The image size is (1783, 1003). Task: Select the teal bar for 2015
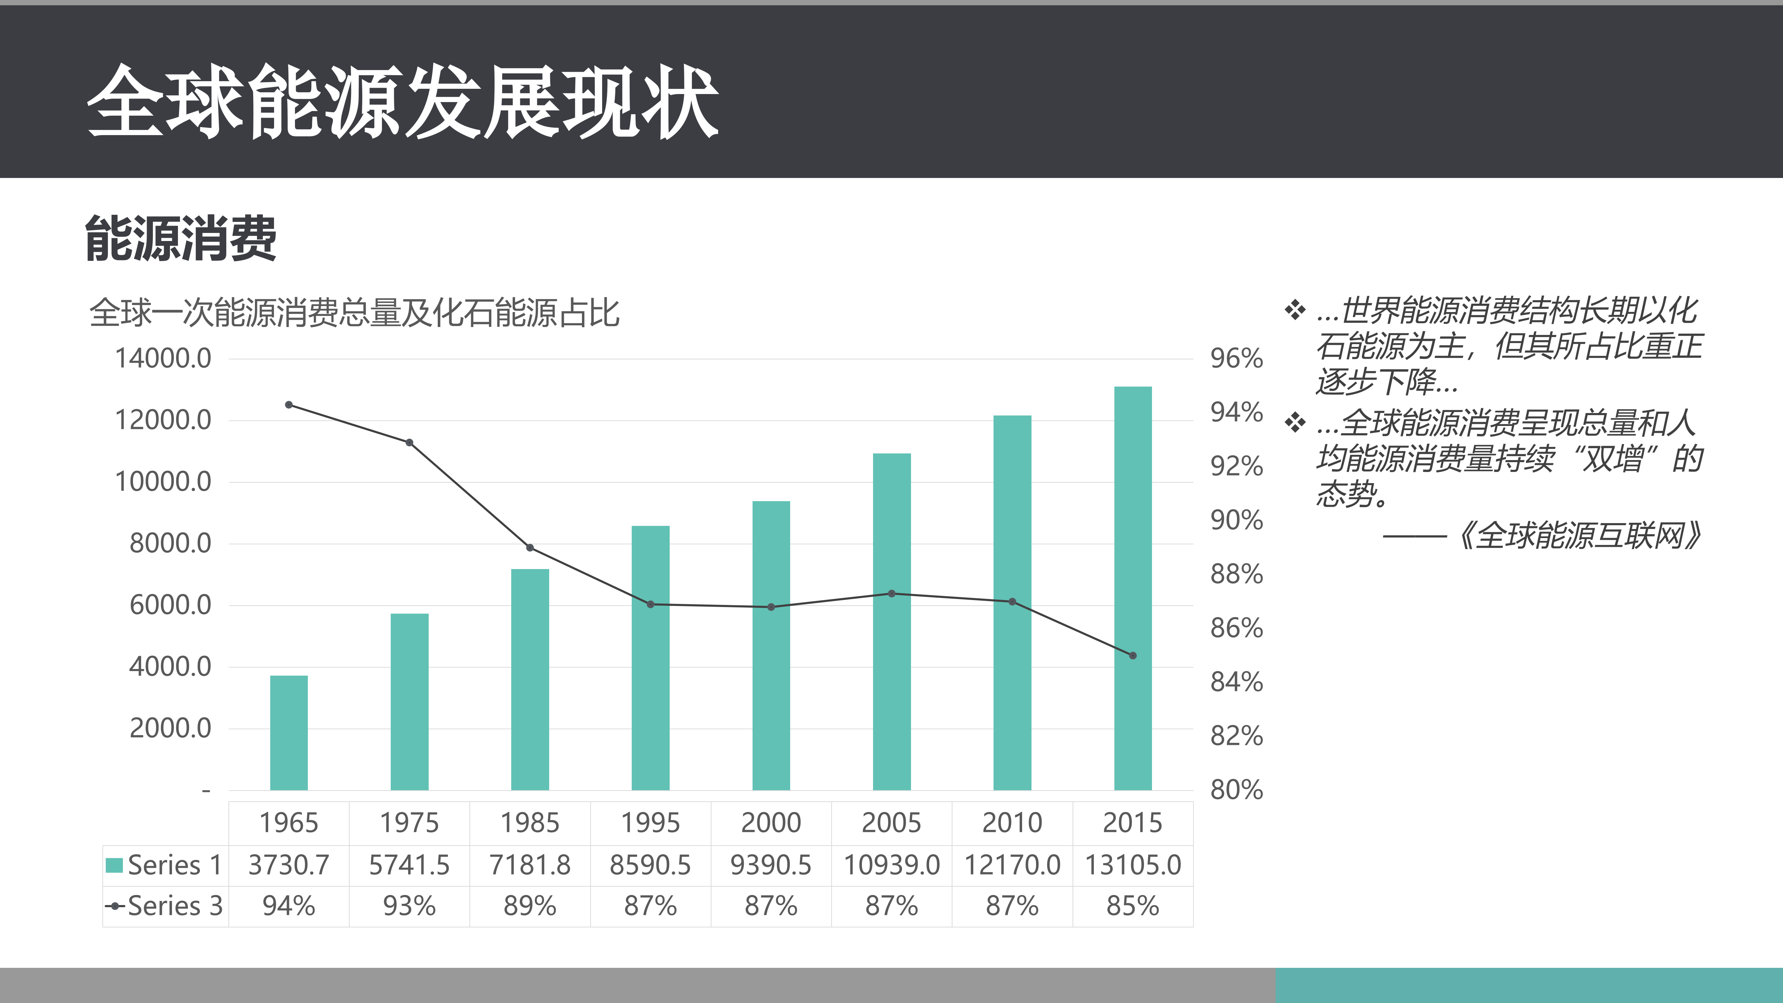pos(1132,588)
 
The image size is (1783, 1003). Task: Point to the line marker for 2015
pos(1132,655)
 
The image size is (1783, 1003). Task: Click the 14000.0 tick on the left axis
pos(163,359)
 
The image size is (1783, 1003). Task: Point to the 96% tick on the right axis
pos(1236,359)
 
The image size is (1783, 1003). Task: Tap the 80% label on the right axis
pos(1236,790)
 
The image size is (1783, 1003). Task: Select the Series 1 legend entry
pos(165,865)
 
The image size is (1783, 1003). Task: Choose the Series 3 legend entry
pos(165,906)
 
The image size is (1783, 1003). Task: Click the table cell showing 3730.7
pos(289,865)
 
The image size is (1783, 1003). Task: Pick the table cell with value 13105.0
pos(1132,865)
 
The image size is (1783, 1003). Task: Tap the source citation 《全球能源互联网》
pos(1578,535)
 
